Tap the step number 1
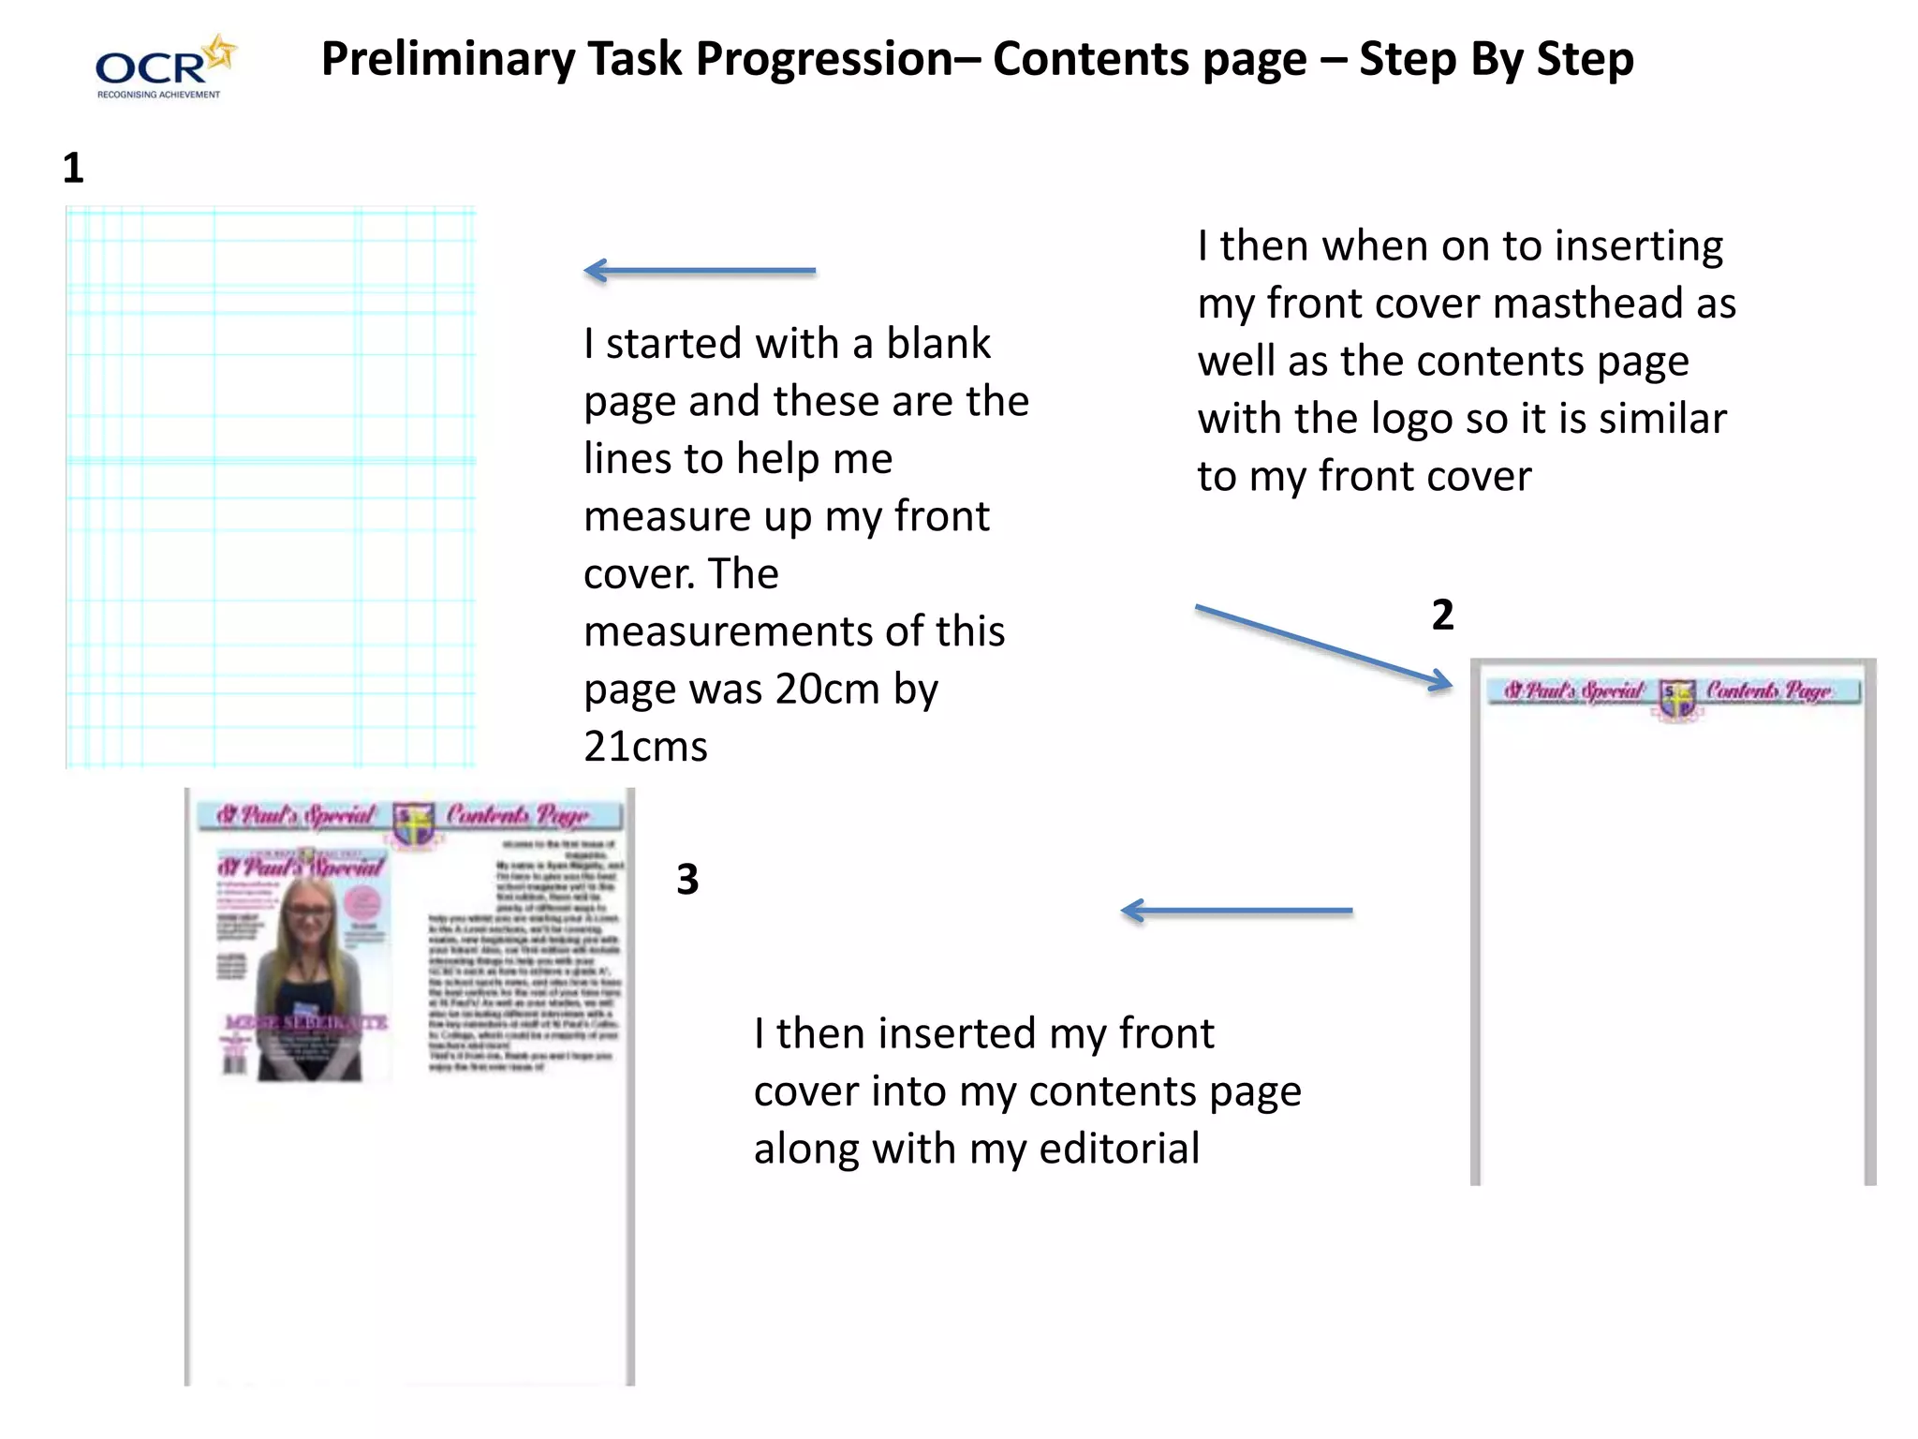coord(73,169)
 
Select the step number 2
coord(1442,616)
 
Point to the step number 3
coord(687,880)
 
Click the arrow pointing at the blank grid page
coord(699,271)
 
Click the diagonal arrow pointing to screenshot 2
coord(1322,647)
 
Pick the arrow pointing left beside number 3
coord(1236,911)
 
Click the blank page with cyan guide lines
coord(271,487)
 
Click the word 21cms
coord(645,748)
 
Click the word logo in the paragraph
coord(1412,419)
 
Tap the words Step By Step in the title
coord(1496,59)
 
